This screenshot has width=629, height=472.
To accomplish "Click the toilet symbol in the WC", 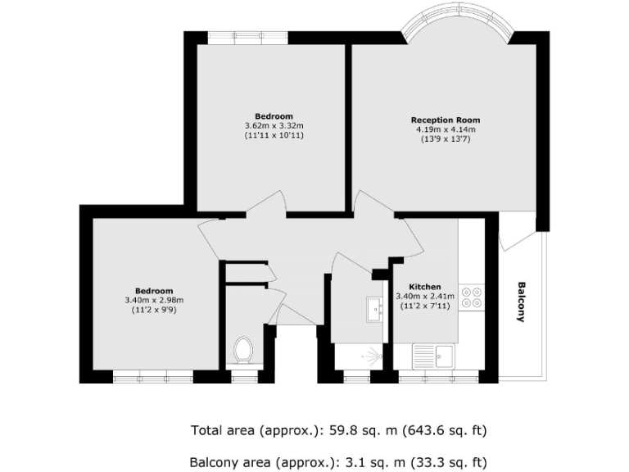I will click(x=242, y=351).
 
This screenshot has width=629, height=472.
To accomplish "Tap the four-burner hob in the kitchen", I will click(x=471, y=297).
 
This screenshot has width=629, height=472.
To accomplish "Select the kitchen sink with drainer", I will click(x=434, y=356).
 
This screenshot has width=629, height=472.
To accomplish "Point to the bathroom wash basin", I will click(x=376, y=309).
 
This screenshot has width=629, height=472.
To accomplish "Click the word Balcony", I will click(x=521, y=302).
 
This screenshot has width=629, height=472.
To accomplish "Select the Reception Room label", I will click(x=445, y=120).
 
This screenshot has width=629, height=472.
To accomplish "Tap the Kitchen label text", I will click(x=424, y=287).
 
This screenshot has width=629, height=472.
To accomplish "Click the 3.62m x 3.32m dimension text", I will click(x=274, y=125).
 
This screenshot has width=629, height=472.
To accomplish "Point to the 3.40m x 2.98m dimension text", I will click(x=154, y=301).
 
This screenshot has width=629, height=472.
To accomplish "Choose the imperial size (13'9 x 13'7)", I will click(x=445, y=139).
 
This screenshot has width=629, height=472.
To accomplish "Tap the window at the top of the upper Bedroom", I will click(x=248, y=37).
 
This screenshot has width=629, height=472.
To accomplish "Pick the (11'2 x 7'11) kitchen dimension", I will click(x=424, y=306).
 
